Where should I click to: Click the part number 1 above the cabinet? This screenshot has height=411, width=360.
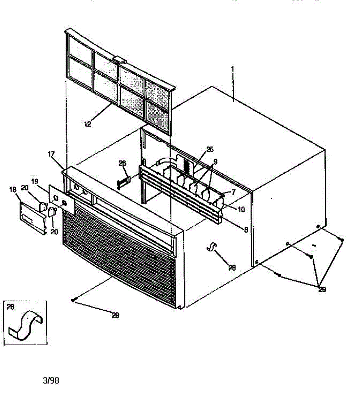coord(232,69)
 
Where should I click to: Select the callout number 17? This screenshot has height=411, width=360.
coord(51,154)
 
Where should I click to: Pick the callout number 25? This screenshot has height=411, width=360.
coord(210,149)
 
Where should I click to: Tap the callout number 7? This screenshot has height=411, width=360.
coord(233,193)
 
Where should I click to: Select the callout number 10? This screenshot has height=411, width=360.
coord(241,210)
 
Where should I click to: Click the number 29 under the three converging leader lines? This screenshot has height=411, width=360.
coord(322,290)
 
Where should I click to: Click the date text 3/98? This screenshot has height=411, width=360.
coord(51,381)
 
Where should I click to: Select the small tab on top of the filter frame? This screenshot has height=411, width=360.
coord(119,60)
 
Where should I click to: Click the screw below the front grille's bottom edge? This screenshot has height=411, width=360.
coord(73,300)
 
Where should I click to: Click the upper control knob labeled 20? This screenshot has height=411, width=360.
coord(43,207)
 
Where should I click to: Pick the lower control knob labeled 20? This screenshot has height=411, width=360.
coord(52,212)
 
